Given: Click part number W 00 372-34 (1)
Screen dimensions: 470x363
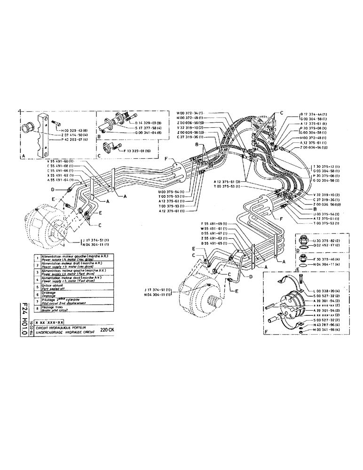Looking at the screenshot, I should tap(189, 113).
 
